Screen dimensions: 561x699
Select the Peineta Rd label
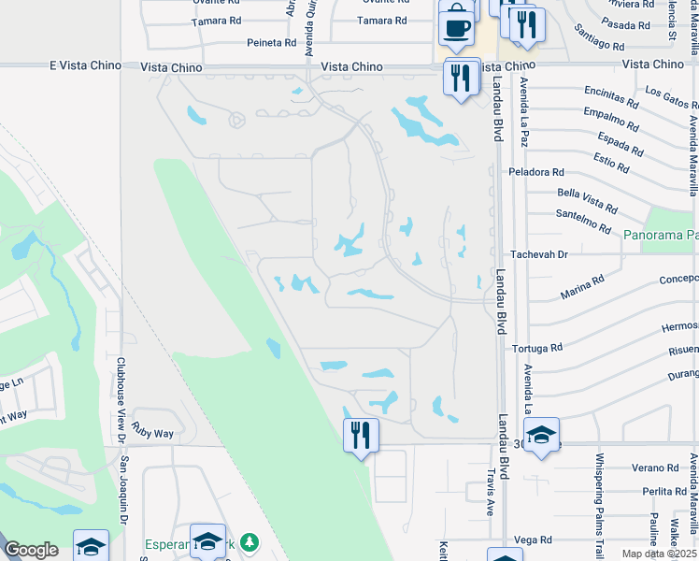[271, 43]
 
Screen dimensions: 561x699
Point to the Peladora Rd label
[536, 172]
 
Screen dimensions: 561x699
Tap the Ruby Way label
[153, 434]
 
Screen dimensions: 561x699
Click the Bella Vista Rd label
[587, 199]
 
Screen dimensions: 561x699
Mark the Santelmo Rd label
[586, 222]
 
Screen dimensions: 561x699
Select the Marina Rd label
[582, 286]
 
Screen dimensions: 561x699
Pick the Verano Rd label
[653, 467]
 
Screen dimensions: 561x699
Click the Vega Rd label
[533, 539]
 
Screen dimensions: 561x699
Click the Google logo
[31, 549]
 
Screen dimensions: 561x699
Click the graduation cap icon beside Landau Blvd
[541, 437]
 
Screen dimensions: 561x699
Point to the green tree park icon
[248, 542]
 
